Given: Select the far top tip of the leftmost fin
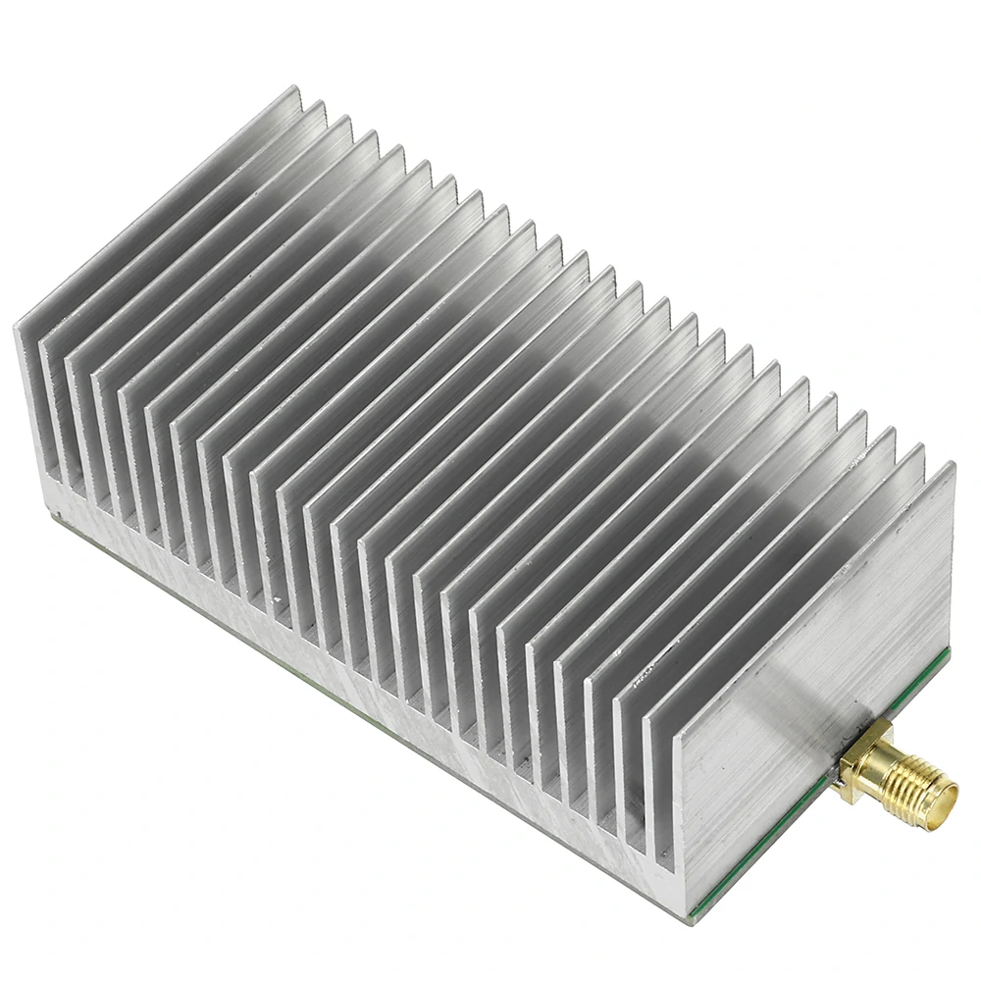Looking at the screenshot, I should click(294, 89).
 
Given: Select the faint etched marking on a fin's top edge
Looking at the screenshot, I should click(644, 677).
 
